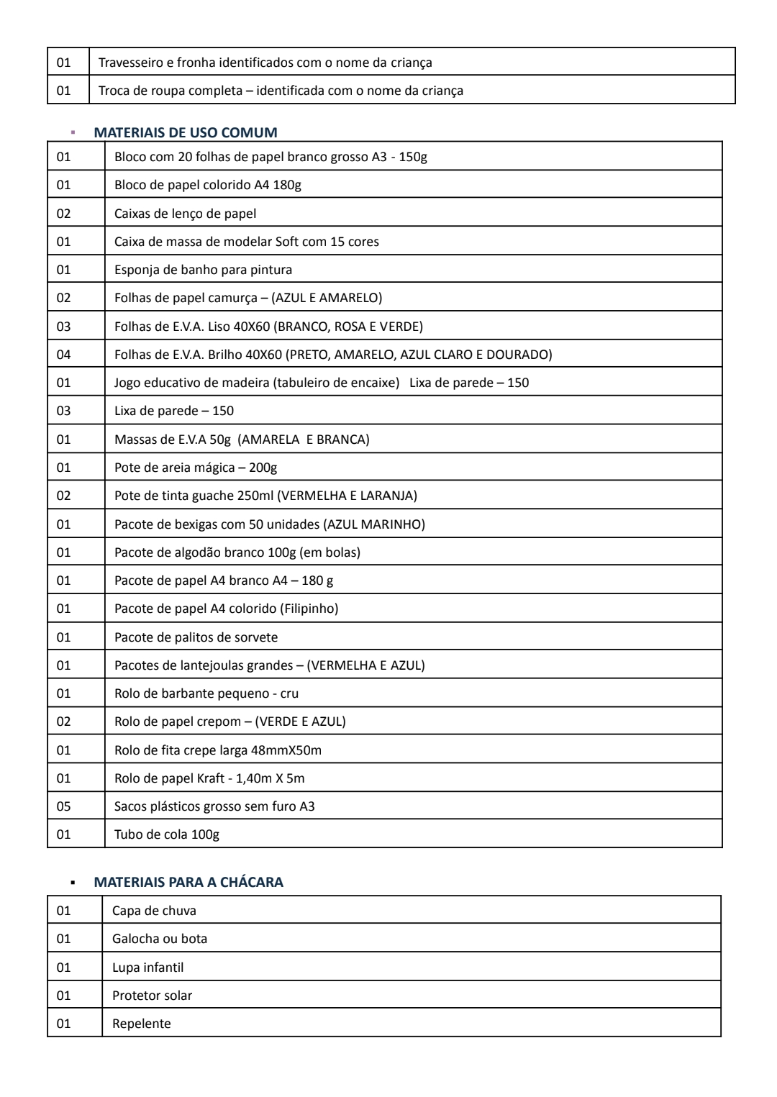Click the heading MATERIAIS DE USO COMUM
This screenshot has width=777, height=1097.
185,132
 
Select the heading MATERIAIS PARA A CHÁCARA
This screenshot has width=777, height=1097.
188,882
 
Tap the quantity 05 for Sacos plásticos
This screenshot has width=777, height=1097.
64,806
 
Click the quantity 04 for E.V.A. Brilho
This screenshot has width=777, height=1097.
64,355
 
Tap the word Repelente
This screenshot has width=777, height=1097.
142,1024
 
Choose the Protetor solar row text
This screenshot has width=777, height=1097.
152,996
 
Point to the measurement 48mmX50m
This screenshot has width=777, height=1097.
286,750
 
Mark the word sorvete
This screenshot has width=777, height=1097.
255,637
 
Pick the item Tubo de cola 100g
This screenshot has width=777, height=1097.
167,834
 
